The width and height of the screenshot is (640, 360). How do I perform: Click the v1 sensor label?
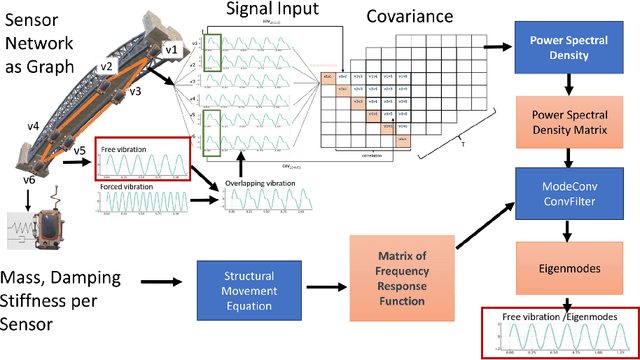pyautogui.click(x=170, y=49)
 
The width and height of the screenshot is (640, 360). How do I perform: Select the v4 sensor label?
pyautogui.click(x=32, y=127)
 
